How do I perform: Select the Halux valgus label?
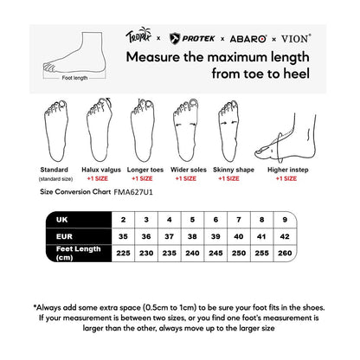(100, 170)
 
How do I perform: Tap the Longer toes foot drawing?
(142, 131)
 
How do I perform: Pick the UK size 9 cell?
(311, 220)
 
